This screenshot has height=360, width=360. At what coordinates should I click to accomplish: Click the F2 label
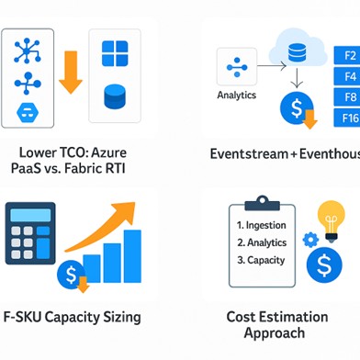click(x=349, y=56)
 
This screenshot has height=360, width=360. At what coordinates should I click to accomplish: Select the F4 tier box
click(x=349, y=76)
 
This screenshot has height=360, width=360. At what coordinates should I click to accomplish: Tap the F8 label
click(x=349, y=96)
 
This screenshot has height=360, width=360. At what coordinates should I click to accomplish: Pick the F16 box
click(x=349, y=118)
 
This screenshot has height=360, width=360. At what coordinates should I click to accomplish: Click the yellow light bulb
click(x=331, y=219)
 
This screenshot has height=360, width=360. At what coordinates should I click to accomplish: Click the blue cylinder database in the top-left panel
click(x=115, y=95)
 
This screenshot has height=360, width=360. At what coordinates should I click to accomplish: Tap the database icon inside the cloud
click(x=295, y=53)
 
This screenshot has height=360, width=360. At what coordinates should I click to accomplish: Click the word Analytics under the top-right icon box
click(x=237, y=95)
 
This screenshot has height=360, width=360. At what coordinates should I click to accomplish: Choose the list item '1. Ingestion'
click(x=262, y=225)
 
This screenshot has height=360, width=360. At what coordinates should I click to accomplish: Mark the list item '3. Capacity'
click(x=261, y=260)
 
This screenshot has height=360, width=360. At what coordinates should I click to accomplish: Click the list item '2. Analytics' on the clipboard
click(x=262, y=242)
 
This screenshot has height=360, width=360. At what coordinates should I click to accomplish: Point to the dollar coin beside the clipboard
click(x=324, y=266)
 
